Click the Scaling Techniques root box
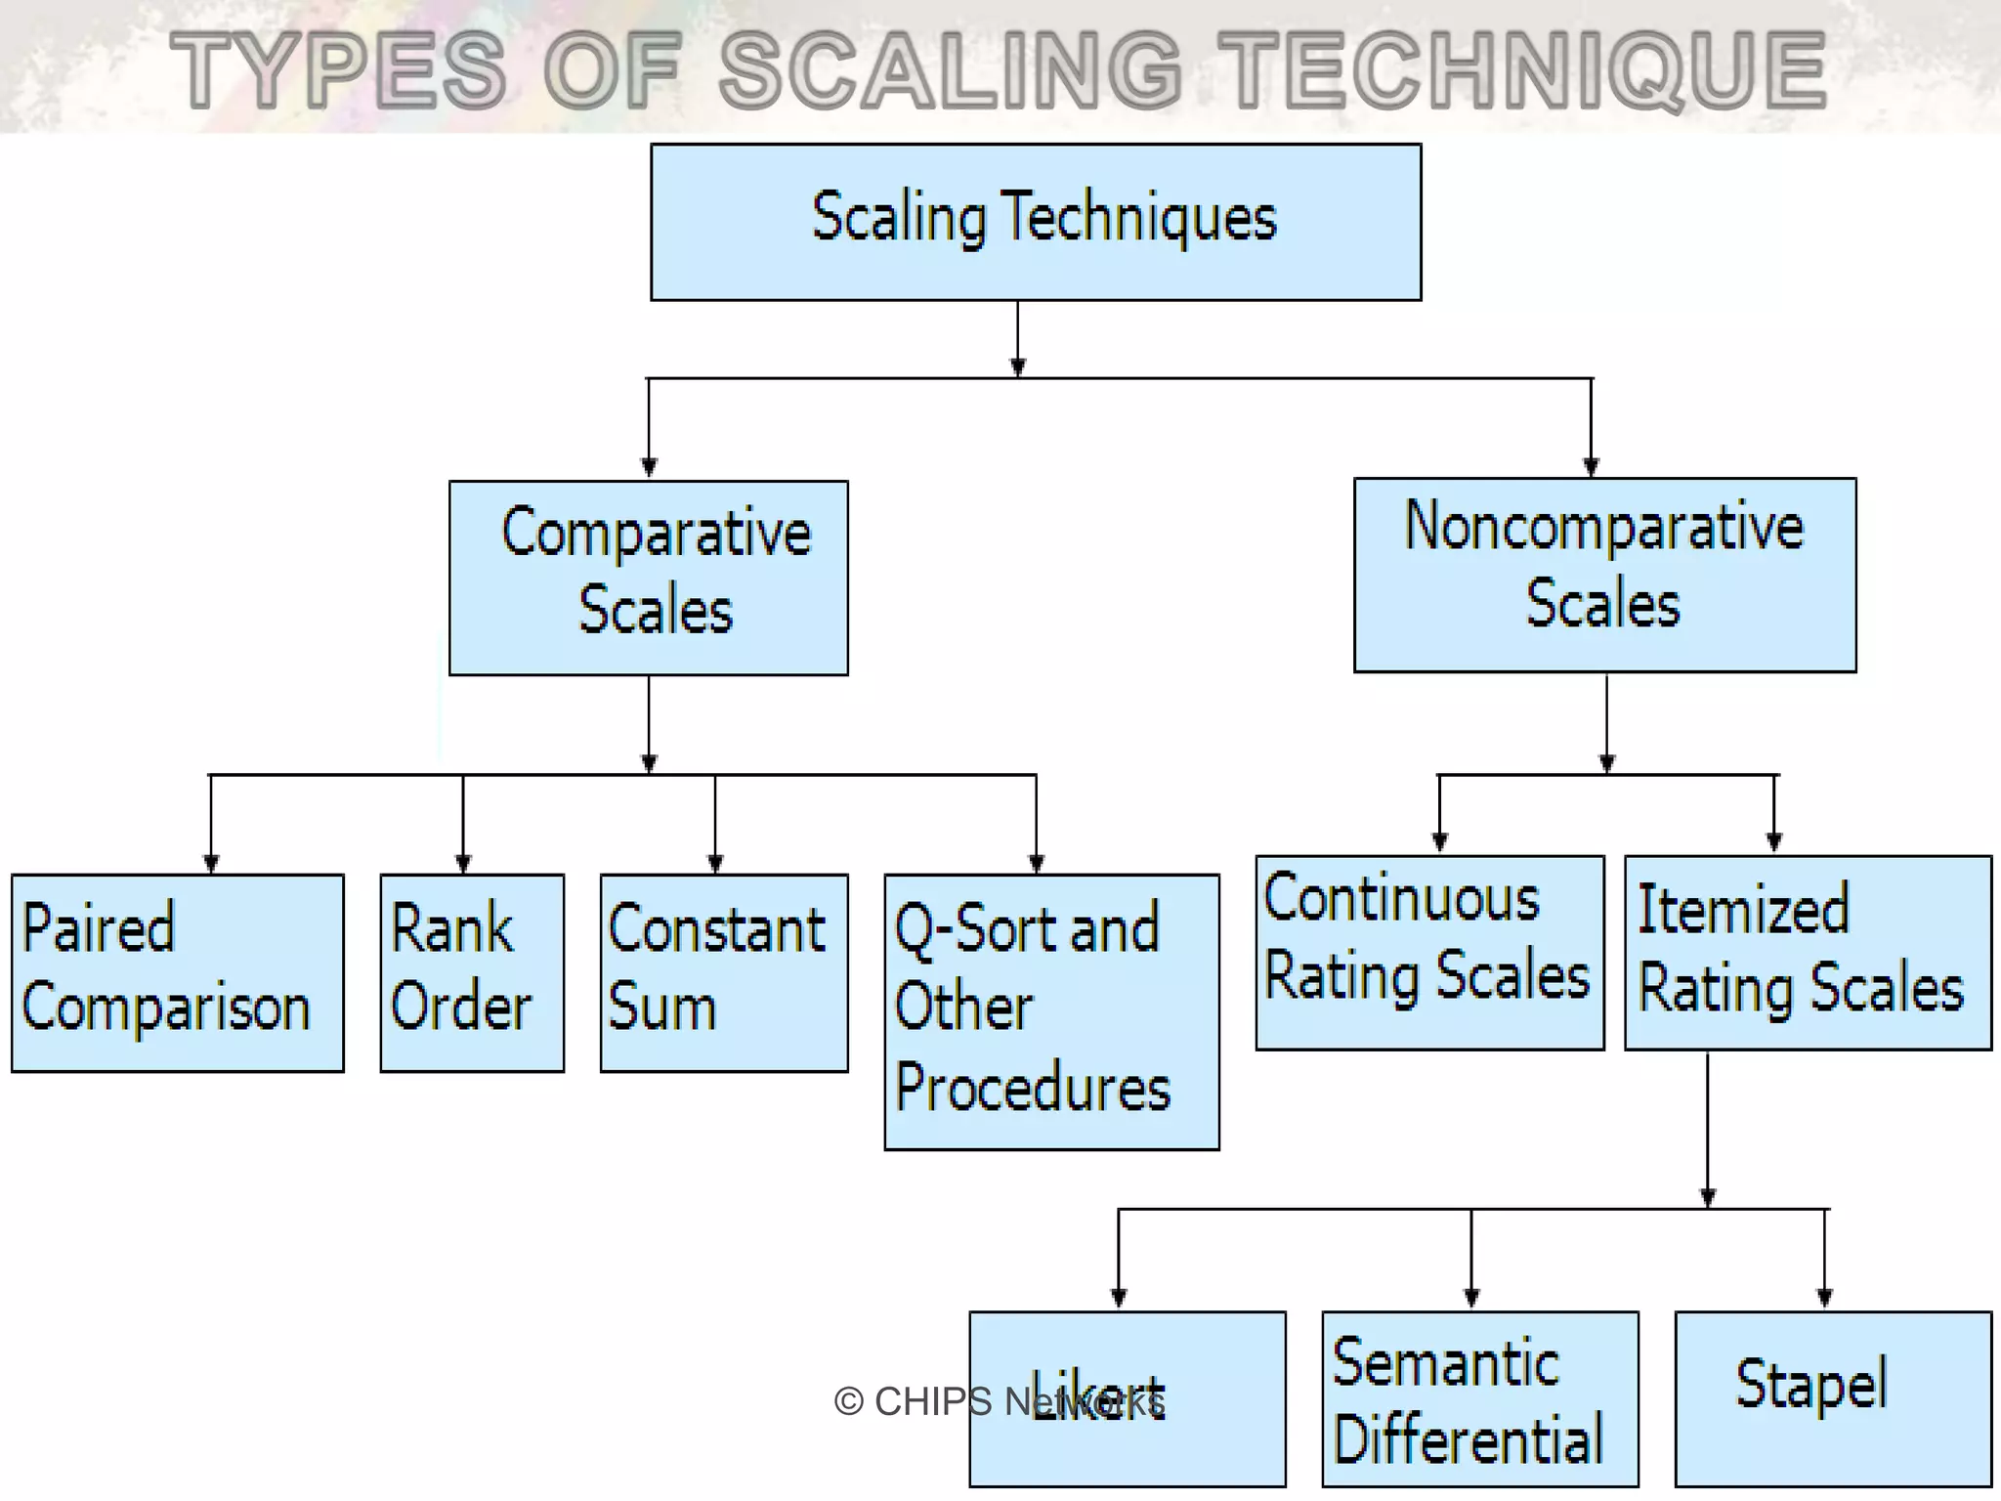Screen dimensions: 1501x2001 coord(1036,222)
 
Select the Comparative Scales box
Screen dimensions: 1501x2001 coord(649,578)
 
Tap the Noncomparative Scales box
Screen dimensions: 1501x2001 coord(1604,575)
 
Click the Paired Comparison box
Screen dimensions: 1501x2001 coord(178,973)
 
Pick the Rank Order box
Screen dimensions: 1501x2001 coord(472,973)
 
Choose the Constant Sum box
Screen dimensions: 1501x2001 coord(724,973)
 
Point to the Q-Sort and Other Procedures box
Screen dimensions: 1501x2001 coord(1051,1011)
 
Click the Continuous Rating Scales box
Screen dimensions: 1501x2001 coord(1429,953)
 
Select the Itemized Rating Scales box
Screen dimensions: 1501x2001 coord(1808,953)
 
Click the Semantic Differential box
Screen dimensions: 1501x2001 coord(1480,1399)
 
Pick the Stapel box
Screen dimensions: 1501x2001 coord(1833,1399)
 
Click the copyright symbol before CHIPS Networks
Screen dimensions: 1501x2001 coord(848,1402)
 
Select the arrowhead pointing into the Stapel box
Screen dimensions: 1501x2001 coord(1824,1298)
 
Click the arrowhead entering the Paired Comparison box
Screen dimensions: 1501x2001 coord(211,863)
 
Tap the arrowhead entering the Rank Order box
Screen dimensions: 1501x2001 coord(463,863)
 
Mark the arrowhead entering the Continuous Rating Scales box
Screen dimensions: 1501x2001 coord(1439,841)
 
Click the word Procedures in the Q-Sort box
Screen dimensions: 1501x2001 coord(1033,1088)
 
